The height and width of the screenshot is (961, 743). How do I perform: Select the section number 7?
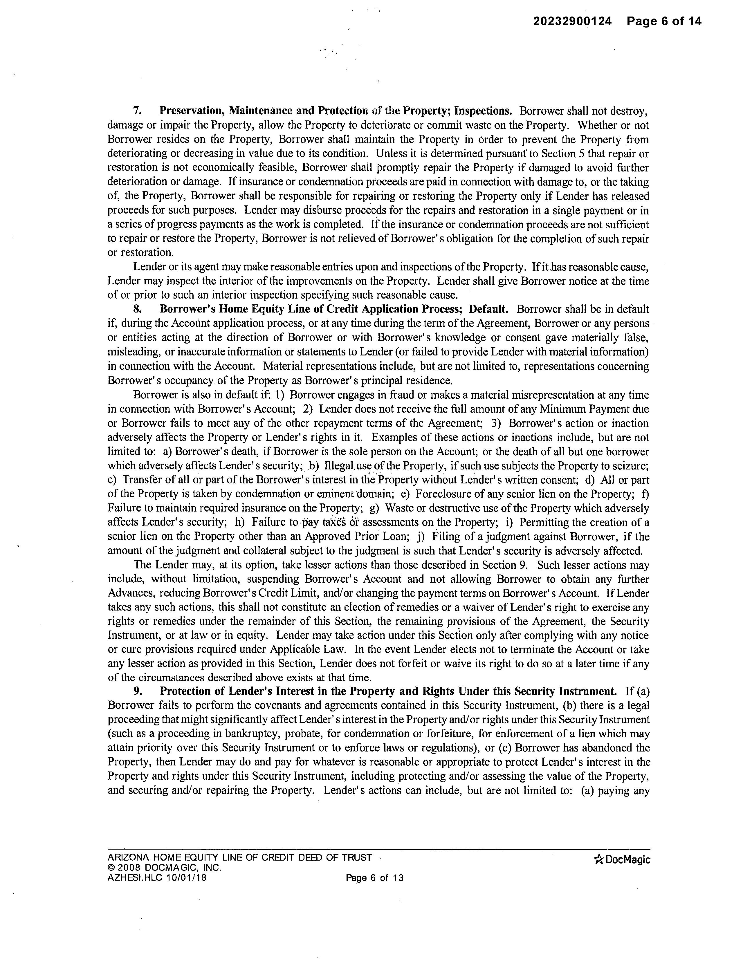click(137, 111)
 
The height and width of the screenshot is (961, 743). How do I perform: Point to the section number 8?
click(137, 309)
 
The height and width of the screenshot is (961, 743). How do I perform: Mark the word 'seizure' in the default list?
click(632, 465)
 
